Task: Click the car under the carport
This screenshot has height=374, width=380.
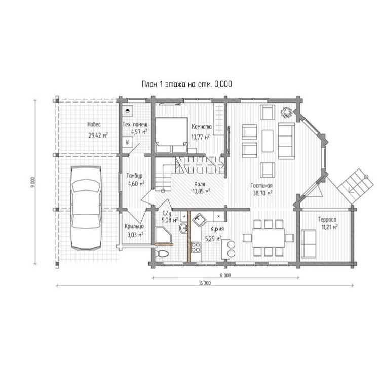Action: pos(86,208)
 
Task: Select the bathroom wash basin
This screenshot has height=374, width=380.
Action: pos(183,228)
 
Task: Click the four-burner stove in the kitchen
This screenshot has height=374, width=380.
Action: pos(196,247)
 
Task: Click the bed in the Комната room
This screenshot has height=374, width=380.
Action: pos(172,135)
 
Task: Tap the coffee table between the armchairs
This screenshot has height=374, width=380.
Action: pos(268,141)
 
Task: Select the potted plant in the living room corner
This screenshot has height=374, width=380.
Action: pos(286,112)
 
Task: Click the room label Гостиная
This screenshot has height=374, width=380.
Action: pos(261,186)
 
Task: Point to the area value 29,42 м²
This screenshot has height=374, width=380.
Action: pos(98,135)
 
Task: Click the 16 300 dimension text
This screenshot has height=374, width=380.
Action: pos(205,283)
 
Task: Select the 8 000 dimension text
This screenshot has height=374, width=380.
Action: pos(225,275)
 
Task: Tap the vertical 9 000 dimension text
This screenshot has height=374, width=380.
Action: pos(33,182)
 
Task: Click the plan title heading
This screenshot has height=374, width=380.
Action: pos(187,84)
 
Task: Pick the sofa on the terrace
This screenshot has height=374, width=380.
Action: pos(309,244)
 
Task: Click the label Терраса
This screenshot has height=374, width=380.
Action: pos(327,220)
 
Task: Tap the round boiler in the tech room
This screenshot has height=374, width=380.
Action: pos(127,111)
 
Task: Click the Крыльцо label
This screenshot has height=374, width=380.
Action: pos(134,227)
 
